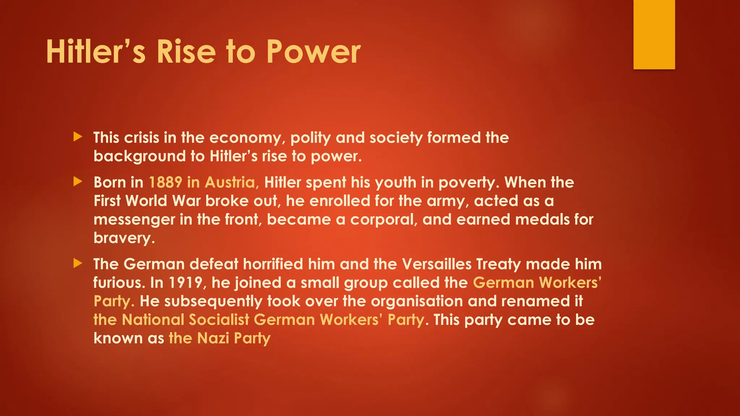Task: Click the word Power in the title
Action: point(313,52)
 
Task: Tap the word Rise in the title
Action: point(186,52)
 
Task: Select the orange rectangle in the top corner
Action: point(654,34)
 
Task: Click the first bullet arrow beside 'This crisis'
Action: point(78,137)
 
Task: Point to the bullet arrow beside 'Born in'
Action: point(78,181)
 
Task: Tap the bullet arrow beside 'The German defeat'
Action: point(78,263)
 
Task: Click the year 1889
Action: point(165,182)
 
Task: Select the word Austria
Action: point(232,182)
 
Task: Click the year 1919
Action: point(186,283)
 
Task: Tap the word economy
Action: point(247,138)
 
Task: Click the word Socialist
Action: point(219,320)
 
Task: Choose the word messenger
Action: point(134,220)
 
